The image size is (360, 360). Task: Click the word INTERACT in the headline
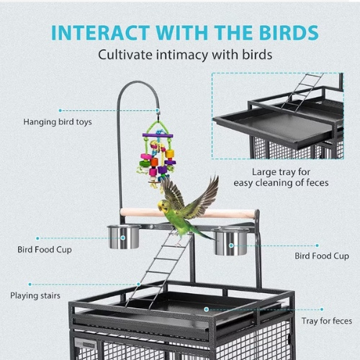101,32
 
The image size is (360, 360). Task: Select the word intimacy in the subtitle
182,55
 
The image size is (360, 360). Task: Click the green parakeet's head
163,207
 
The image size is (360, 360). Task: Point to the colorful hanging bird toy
156,153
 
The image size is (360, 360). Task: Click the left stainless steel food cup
124,237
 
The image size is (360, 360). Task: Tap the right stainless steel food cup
230,241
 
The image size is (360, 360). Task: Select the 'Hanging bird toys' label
58,122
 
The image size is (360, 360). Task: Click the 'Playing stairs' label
35,296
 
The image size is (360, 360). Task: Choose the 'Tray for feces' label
327,321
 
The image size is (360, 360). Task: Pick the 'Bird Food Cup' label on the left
45,250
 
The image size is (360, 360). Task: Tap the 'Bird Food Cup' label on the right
322,256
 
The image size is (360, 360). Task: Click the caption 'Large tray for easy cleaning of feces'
281,177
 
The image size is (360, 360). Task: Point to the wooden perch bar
187,213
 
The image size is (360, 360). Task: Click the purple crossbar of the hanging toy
158,135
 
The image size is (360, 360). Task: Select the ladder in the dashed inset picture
302,92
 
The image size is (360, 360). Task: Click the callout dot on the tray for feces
206,310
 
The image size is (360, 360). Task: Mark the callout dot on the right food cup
231,246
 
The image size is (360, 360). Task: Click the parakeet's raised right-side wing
204,199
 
